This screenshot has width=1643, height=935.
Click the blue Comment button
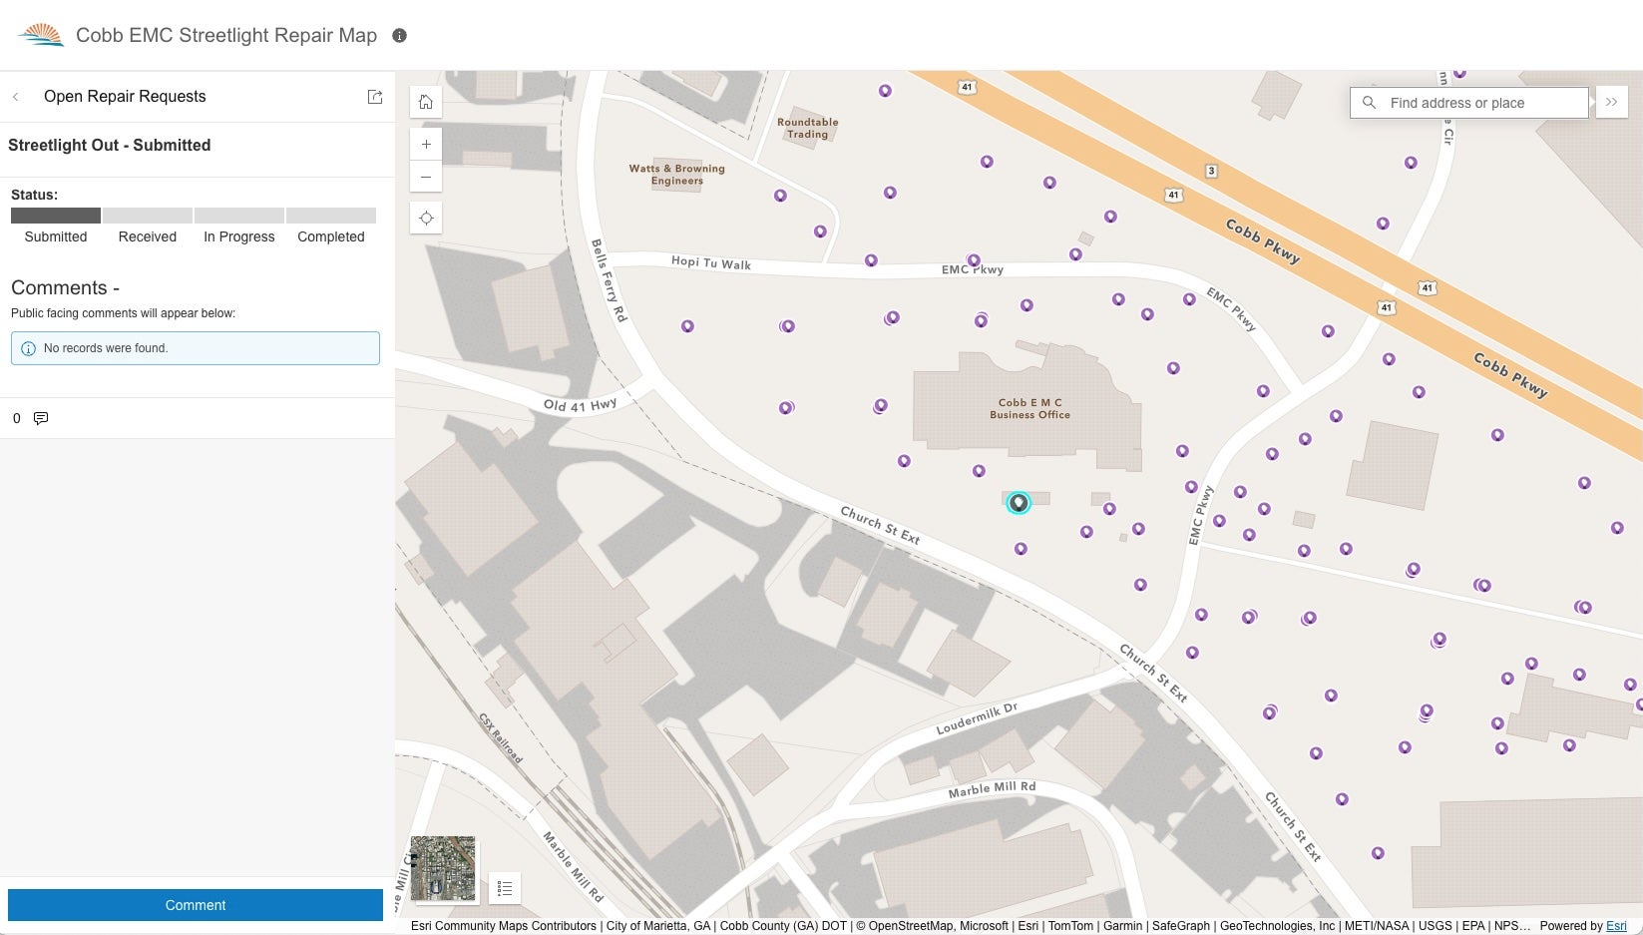coord(196,905)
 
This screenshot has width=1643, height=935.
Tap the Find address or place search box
coord(1476,103)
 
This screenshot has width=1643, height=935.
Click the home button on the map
coord(426,102)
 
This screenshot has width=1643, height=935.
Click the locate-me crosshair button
coord(426,219)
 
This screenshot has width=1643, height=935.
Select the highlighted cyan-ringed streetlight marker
coord(1018,503)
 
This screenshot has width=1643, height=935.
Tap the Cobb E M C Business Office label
coord(1029,409)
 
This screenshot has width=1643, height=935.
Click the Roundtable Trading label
coord(807,128)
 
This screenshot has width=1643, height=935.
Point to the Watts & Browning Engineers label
coord(676,175)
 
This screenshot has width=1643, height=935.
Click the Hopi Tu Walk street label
coord(710,263)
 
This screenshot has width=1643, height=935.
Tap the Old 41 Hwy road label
coord(580,404)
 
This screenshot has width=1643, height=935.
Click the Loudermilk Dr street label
coord(976,719)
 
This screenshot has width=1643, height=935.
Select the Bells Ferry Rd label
coord(609,279)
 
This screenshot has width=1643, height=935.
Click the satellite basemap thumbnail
coord(443,868)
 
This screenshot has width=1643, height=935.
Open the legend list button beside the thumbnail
coord(505,888)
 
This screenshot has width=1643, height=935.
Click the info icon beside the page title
coord(399,36)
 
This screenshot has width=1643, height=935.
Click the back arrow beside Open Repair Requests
coord(16,97)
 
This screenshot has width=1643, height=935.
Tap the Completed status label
coord(330,236)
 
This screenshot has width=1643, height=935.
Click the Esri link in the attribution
coord(1615,926)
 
